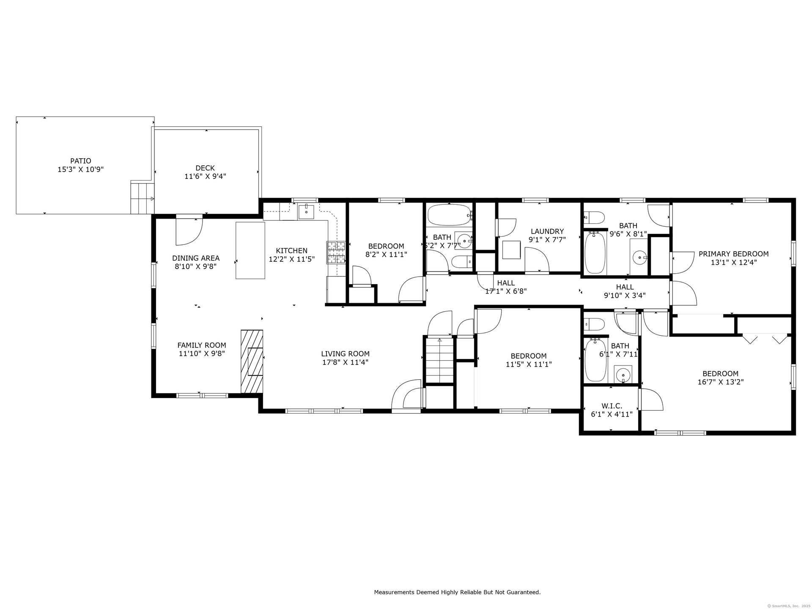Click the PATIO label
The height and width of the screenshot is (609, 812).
(x=81, y=161)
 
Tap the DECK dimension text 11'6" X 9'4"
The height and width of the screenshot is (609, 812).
(x=205, y=176)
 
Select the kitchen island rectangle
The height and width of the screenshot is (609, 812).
(x=250, y=250)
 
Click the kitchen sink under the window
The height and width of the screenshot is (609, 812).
(x=306, y=211)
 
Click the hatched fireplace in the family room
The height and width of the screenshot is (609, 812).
(x=252, y=362)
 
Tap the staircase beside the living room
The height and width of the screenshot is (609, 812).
(x=440, y=360)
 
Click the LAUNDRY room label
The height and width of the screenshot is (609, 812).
(x=547, y=231)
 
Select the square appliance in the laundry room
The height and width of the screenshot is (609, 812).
(x=511, y=250)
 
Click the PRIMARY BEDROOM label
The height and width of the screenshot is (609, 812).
(x=734, y=254)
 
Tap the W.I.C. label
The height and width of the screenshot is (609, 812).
(x=612, y=406)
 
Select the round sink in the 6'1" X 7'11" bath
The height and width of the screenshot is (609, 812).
(x=623, y=375)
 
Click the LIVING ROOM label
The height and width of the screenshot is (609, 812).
(x=345, y=354)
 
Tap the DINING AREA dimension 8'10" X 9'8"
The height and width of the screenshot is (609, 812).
(x=196, y=266)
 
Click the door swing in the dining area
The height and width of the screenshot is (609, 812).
(x=189, y=231)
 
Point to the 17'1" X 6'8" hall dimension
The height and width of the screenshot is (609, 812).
(x=506, y=291)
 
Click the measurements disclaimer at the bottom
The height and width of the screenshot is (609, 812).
(x=457, y=592)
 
